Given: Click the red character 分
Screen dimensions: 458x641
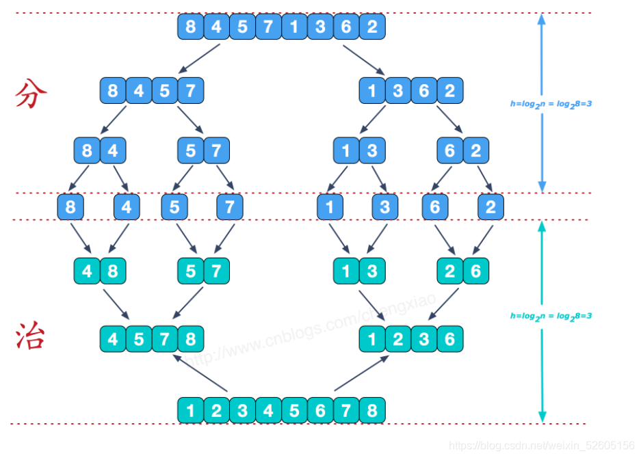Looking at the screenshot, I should [x=31, y=94].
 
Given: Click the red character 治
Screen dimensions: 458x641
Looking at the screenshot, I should [x=31, y=336].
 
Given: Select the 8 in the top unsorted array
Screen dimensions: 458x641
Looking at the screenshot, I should [x=190, y=27].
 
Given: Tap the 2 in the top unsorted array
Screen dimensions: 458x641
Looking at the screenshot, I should [x=372, y=27].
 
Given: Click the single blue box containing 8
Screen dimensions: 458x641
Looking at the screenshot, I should [x=70, y=207].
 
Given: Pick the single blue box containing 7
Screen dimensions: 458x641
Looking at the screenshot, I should [x=230, y=207].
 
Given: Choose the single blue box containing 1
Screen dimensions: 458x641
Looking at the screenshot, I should [x=330, y=207].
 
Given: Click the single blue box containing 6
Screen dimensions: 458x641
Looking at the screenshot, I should [x=435, y=207].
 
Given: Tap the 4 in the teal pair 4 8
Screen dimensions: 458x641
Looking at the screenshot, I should [x=87, y=271].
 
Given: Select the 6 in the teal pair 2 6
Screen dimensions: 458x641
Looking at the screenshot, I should [x=475, y=271].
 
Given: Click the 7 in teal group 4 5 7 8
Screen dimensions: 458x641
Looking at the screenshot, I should [x=164, y=339].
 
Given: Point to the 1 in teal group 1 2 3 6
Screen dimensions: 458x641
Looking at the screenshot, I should [x=372, y=339].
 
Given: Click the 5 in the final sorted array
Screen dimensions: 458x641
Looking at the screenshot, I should [x=294, y=410].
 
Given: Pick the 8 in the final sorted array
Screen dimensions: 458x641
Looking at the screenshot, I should [x=372, y=410].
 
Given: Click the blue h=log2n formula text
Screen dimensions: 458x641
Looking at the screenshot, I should [x=551, y=104].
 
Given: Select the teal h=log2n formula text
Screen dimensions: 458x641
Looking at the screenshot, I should [x=551, y=316].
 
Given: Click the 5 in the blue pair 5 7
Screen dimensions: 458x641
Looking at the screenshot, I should [x=190, y=150].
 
